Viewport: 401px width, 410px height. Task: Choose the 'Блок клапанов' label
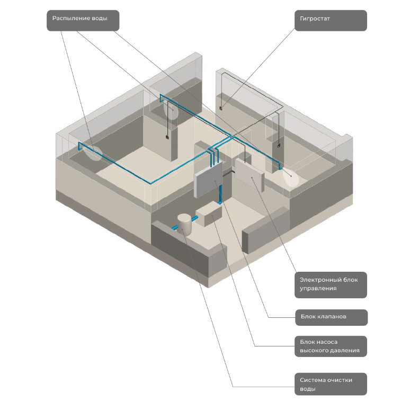tap(330, 317)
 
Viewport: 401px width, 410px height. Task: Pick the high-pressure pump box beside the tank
tap(208, 217)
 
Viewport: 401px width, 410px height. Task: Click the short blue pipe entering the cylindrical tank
tap(175, 228)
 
